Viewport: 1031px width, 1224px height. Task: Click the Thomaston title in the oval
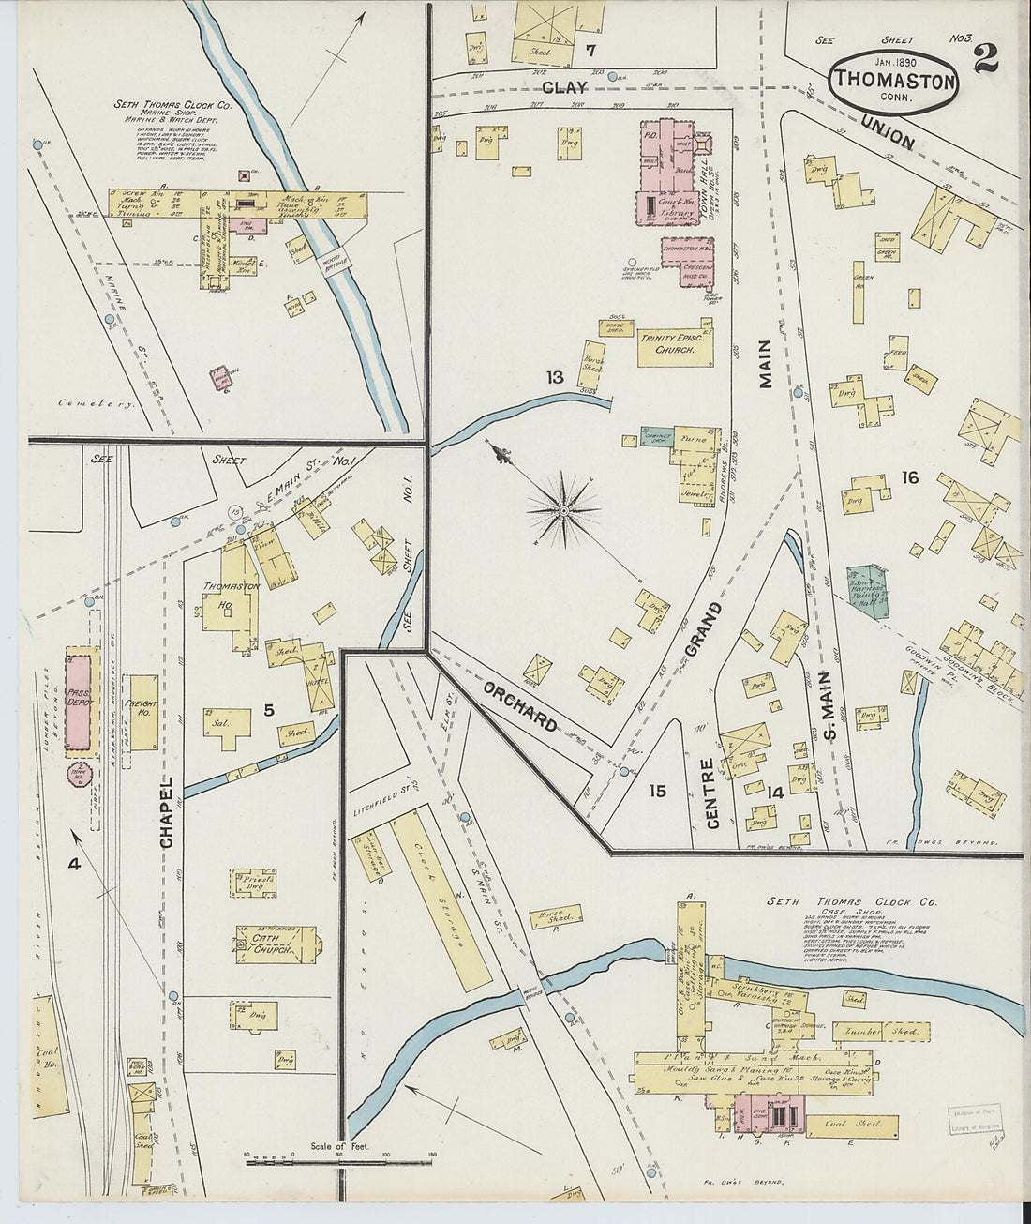tap(893, 80)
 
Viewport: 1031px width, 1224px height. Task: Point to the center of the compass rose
tap(563, 509)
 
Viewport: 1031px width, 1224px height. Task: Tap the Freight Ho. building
tap(143, 712)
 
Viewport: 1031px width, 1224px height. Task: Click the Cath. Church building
tap(275, 944)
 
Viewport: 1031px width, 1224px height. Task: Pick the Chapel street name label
tap(167, 811)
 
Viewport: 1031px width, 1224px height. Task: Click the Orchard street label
tap(520, 704)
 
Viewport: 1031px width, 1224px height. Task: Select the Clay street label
tap(564, 87)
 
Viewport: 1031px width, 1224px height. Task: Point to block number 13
tap(555, 377)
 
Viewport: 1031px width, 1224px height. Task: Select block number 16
tap(909, 478)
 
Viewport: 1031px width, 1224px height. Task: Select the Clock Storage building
tap(439, 898)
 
